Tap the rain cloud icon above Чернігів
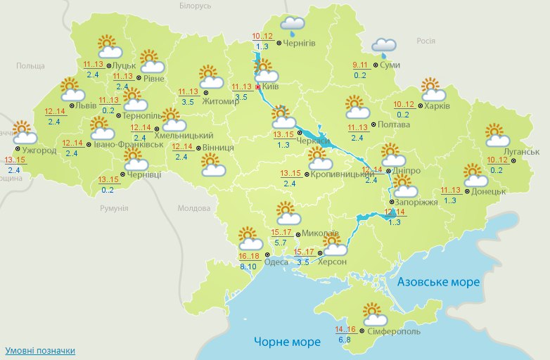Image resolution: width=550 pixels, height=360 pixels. tap(292, 27)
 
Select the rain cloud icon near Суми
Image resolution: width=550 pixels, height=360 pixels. tap(384, 47)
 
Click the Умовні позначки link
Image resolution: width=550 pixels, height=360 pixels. tap(40, 350)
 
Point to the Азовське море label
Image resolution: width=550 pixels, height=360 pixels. tap(439, 281)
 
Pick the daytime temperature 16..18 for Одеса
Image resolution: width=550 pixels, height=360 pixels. tap(249, 256)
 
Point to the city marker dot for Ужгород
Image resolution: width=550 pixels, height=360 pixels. tap(17, 149)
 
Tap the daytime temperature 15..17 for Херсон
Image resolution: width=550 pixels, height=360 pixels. tap(304, 252)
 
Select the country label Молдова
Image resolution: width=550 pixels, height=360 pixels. tap(194, 209)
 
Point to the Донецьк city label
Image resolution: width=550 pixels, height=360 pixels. tap(491, 191)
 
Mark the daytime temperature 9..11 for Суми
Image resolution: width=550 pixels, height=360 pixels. tap(360, 65)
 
